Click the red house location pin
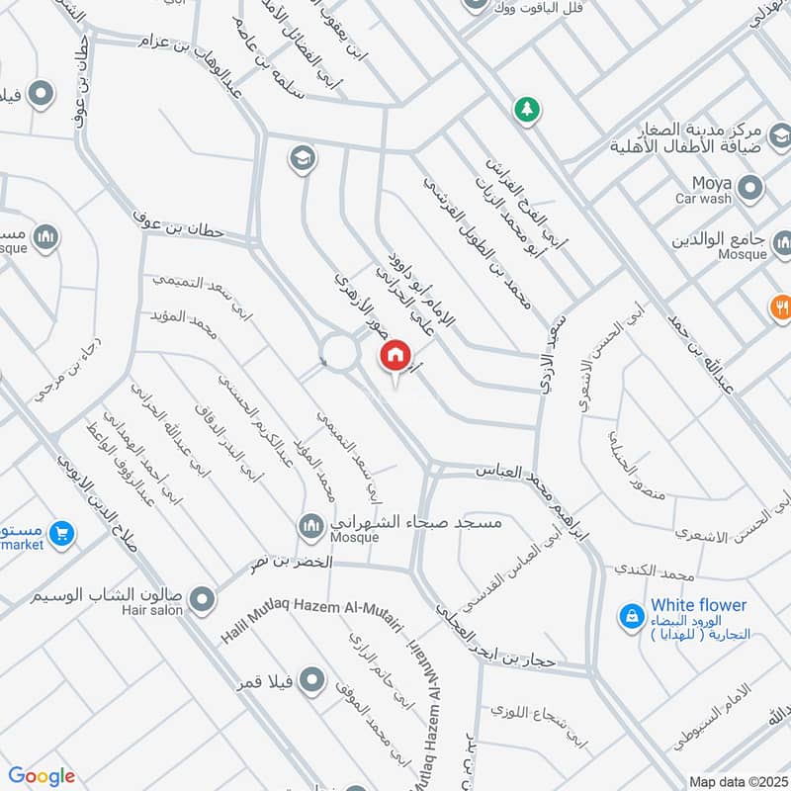pyautogui.click(x=395, y=355)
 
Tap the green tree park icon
pyautogui.click(x=527, y=110)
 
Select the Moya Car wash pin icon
pyautogui.click(x=750, y=187)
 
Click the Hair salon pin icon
pyautogui.click(x=203, y=599)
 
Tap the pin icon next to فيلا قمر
pyautogui.click(x=312, y=679)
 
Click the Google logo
pyautogui.click(x=42, y=776)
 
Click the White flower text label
pyautogui.click(x=698, y=605)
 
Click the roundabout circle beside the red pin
pyautogui.click(x=340, y=353)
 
